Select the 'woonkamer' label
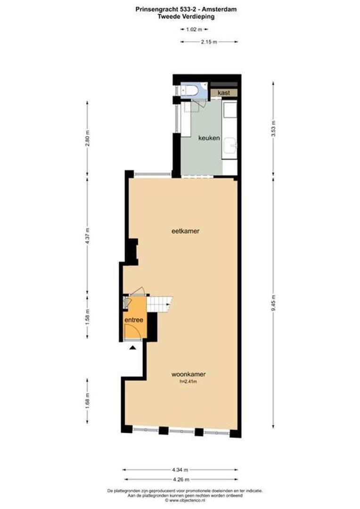(188, 374)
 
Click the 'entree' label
(134, 320)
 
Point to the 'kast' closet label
(223, 93)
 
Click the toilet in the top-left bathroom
(191, 90)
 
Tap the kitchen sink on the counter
(230, 146)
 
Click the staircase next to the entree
(159, 304)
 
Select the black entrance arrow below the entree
(133, 348)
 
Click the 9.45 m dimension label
(274, 300)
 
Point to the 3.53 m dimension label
(274, 128)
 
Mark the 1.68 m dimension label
(87, 401)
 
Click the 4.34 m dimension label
(180, 469)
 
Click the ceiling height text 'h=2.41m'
(188, 381)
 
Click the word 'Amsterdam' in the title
(219, 9)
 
